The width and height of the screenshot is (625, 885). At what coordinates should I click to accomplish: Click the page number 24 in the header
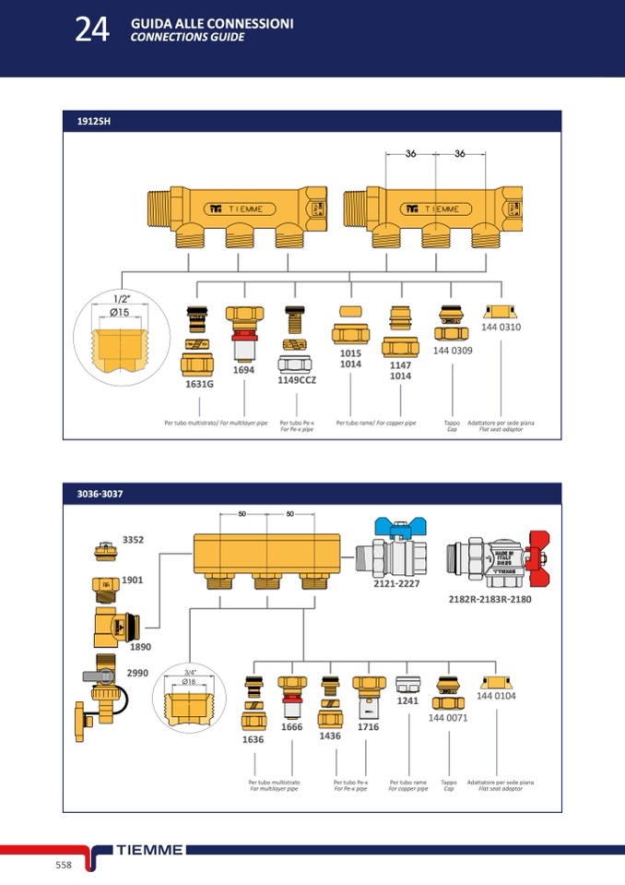pyautogui.click(x=92, y=30)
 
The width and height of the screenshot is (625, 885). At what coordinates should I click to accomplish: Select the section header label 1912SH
pyautogui.click(x=94, y=122)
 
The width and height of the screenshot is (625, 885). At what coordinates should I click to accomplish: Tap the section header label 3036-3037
pyautogui.click(x=100, y=494)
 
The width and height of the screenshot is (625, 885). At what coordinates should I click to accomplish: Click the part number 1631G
pyautogui.click(x=199, y=383)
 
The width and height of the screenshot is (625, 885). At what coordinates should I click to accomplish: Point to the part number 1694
pyautogui.click(x=243, y=369)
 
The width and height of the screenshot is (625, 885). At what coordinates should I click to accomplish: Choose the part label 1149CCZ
pyautogui.click(x=298, y=379)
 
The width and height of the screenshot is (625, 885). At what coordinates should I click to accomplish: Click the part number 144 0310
pyautogui.click(x=501, y=328)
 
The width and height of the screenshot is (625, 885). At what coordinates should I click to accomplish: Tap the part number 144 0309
pyautogui.click(x=453, y=351)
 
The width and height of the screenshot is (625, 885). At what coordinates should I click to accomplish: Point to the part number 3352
pyautogui.click(x=134, y=539)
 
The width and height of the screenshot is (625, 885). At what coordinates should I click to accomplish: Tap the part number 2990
pyautogui.click(x=137, y=673)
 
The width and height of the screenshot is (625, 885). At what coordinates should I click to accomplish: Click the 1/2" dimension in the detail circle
pyautogui.click(x=121, y=299)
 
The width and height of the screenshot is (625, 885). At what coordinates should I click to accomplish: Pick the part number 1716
pyautogui.click(x=368, y=727)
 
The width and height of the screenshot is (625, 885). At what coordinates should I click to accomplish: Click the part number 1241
pyautogui.click(x=407, y=701)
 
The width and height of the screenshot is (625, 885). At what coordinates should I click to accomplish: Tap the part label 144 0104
pyautogui.click(x=496, y=696)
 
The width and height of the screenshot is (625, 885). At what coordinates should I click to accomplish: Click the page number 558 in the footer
pyautogui.click(x=64, y=865)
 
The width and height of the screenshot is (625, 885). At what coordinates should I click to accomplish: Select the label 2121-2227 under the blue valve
pyautogui.click(x=395, y=584)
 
